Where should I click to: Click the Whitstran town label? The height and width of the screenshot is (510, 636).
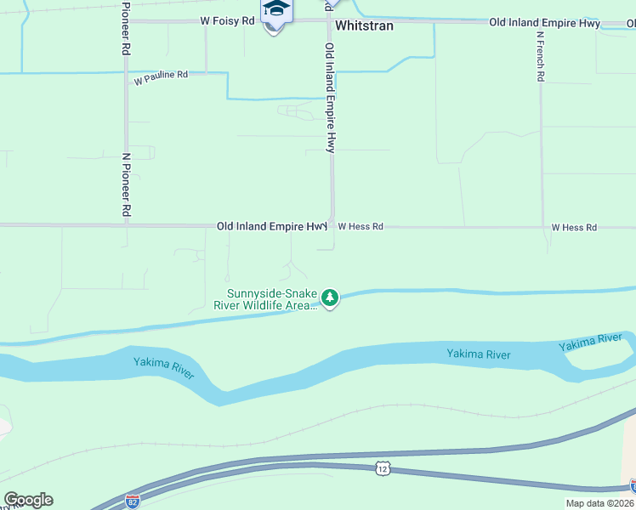coord(365,25)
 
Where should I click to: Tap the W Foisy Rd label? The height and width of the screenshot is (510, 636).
coord(228,20)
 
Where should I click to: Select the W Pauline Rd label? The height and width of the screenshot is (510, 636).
coord(161,76)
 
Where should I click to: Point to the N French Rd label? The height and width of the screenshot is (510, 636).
coord(540,57)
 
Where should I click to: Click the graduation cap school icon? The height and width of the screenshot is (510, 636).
coord(275,10)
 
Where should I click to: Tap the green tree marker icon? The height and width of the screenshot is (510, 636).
coord(330,297)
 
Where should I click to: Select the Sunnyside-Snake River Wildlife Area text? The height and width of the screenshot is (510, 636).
coord(265,299)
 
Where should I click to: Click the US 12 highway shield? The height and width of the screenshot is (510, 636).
coord(382,469)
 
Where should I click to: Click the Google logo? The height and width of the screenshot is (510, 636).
coord(28,500)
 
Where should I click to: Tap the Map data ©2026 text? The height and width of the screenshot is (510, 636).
coord(599,503)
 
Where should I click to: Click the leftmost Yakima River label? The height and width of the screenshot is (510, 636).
coord(164,367)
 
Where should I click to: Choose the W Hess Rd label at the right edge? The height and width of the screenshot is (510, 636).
coord(574,227)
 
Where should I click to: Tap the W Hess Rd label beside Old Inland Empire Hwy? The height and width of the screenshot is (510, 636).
coord(361,227)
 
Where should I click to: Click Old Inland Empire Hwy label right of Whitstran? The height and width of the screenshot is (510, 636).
coord(545,24)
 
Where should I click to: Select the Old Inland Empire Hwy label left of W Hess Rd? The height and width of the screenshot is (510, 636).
coord(271,226)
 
